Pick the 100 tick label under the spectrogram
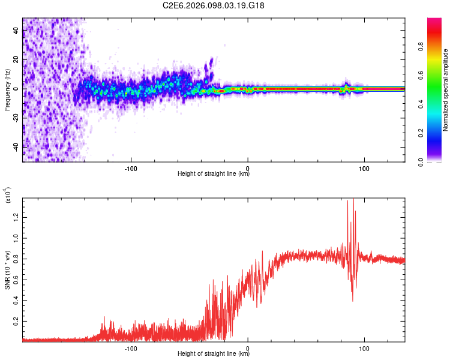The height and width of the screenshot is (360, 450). point(364,167)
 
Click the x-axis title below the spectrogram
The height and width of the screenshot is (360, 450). point(214,174)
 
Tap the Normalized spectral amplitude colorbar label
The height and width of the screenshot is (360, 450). point(445,90)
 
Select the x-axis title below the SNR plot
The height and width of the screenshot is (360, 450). point(214,354)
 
